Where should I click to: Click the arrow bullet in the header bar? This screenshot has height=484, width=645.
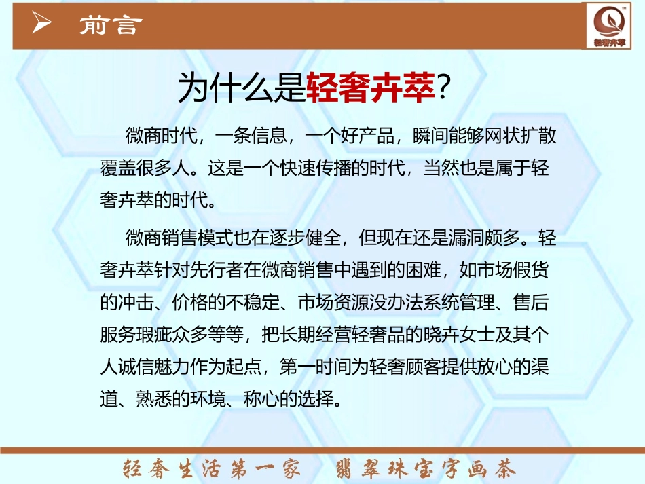[x=42, y=24]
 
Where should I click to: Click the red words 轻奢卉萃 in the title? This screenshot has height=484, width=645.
[x=370, y=89]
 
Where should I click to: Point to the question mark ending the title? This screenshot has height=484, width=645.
[x=443, y=89]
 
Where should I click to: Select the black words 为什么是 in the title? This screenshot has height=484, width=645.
[x=242, y=89]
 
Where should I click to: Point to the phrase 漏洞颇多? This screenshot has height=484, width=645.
[x=486, y=239]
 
